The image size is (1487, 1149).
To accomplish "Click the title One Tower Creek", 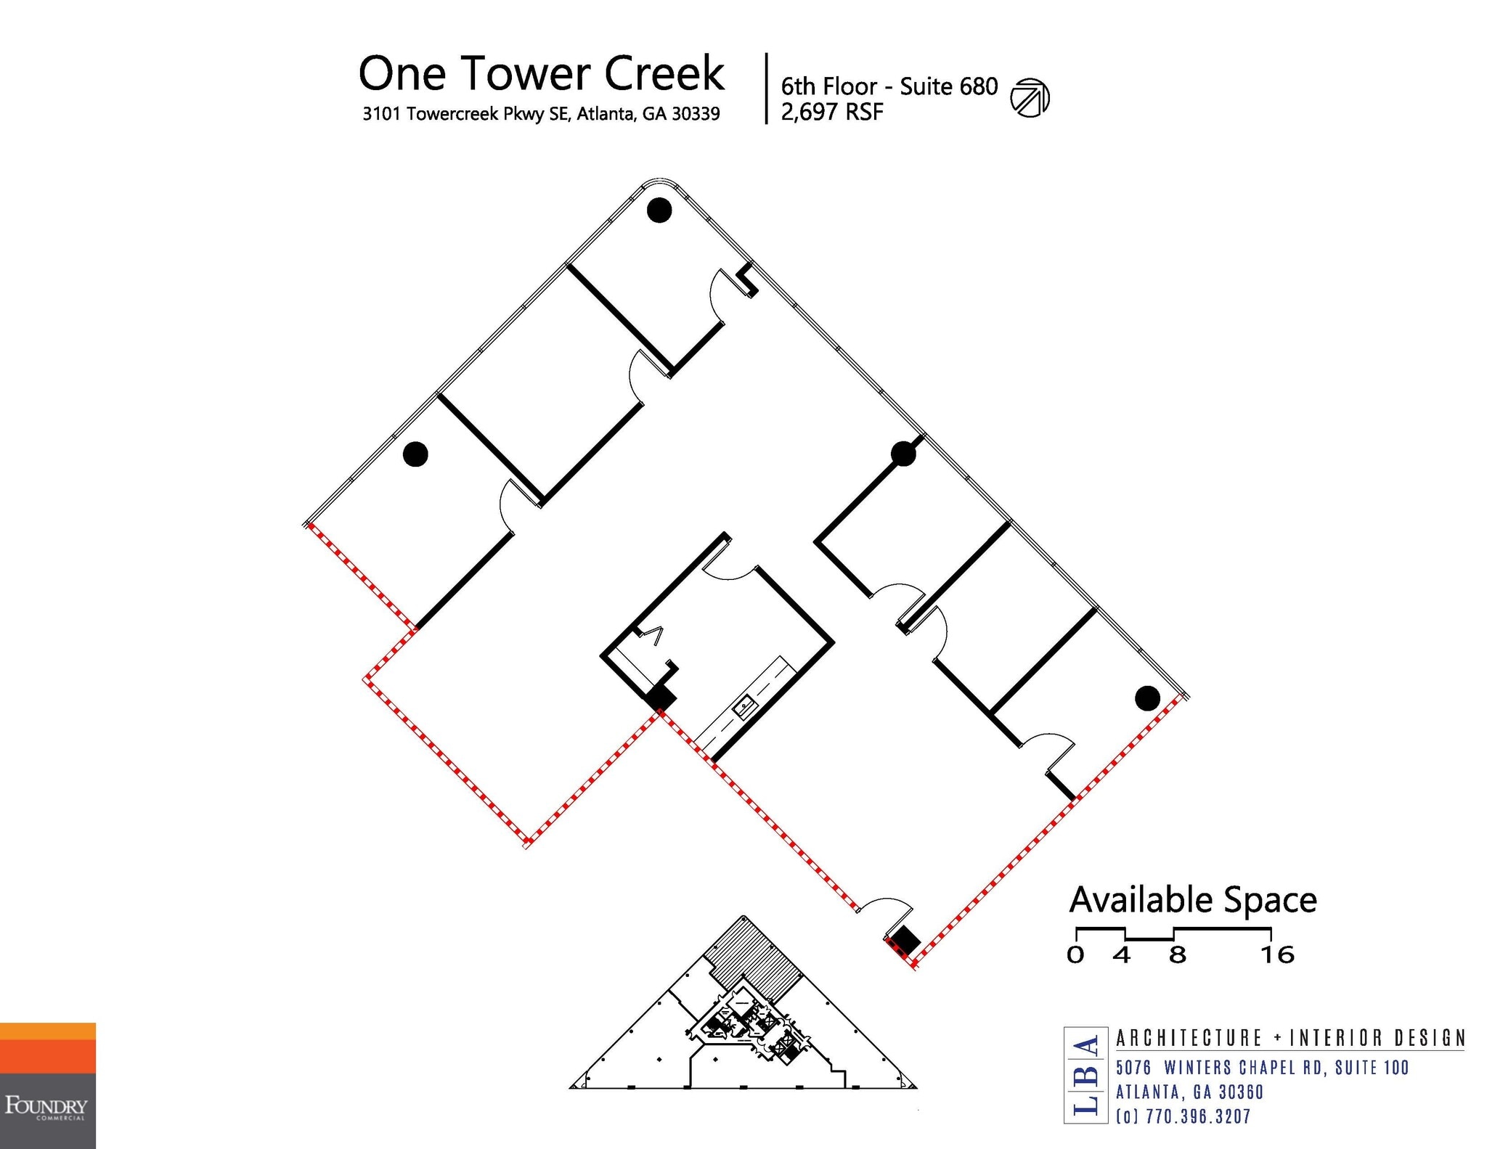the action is (542, 73).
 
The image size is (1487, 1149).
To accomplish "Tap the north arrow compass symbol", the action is (1030, 98).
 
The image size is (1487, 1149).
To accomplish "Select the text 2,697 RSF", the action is (832, 113).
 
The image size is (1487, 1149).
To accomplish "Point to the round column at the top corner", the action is (659, 210).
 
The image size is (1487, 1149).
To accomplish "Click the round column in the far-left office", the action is (415, 454).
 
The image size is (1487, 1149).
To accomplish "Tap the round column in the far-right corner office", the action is (1147, 698).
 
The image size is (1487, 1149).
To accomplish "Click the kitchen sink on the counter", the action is (743, 706).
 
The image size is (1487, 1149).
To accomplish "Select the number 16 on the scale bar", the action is (1277, 954).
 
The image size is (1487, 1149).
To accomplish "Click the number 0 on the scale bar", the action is (1075, 954).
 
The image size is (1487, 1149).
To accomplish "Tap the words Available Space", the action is (1193, 901).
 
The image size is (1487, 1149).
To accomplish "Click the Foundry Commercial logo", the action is (48, 1086).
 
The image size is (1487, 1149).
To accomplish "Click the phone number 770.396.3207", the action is (1198, 1116).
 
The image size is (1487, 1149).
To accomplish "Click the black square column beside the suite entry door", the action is (905, 941).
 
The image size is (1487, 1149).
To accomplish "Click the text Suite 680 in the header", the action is (949, 87).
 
